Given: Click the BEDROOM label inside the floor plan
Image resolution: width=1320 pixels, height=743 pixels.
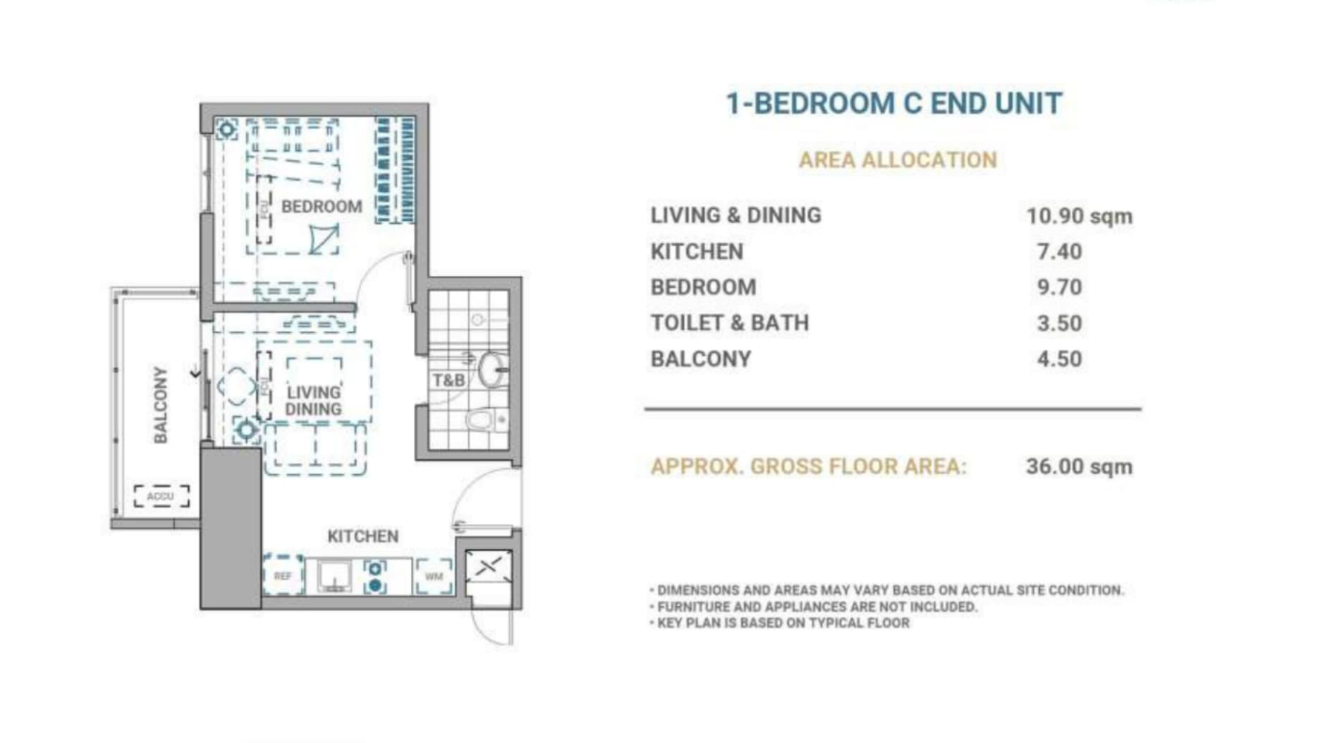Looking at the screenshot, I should pos(322,207).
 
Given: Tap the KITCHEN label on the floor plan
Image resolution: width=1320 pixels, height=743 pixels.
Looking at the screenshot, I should pos(363,536).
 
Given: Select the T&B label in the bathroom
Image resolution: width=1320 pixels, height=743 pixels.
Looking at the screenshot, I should pos(448,381).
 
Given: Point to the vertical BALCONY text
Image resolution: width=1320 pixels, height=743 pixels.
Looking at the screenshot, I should pos(161,404).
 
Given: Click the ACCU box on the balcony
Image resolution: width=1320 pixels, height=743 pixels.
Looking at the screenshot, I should pos(161,496).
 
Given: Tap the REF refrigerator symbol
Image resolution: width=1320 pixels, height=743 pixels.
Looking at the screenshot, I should pos(283,576).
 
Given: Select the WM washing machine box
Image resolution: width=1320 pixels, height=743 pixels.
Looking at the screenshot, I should pos(434,576).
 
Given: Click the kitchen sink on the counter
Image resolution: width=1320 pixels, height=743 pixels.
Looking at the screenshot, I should pos(334,576).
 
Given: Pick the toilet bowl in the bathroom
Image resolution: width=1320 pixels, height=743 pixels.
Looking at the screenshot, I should pos(482,421).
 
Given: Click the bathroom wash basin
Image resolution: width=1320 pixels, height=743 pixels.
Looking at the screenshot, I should pos(491,369).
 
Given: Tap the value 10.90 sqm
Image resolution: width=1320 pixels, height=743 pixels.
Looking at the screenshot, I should pos(1079,216).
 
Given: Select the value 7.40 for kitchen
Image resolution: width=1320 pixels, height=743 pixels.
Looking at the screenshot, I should pos(1059,252).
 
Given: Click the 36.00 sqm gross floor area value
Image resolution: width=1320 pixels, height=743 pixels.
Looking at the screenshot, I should pos(1079,466).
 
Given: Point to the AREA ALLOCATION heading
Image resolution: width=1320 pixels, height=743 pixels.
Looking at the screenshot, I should pos(898,160).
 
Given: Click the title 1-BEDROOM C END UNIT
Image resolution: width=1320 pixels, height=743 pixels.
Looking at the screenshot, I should pos(894,104).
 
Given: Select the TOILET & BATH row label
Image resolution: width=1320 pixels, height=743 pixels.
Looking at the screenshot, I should pos(729,323).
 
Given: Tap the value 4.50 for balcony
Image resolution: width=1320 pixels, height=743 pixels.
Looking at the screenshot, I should pos(1059,359).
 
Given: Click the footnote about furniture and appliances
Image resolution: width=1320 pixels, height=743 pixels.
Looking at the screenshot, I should pos(817,607).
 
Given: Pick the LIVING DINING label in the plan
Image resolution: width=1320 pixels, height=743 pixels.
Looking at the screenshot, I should pos(313,401).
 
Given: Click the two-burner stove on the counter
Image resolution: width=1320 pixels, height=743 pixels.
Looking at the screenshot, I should pos(375,576).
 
